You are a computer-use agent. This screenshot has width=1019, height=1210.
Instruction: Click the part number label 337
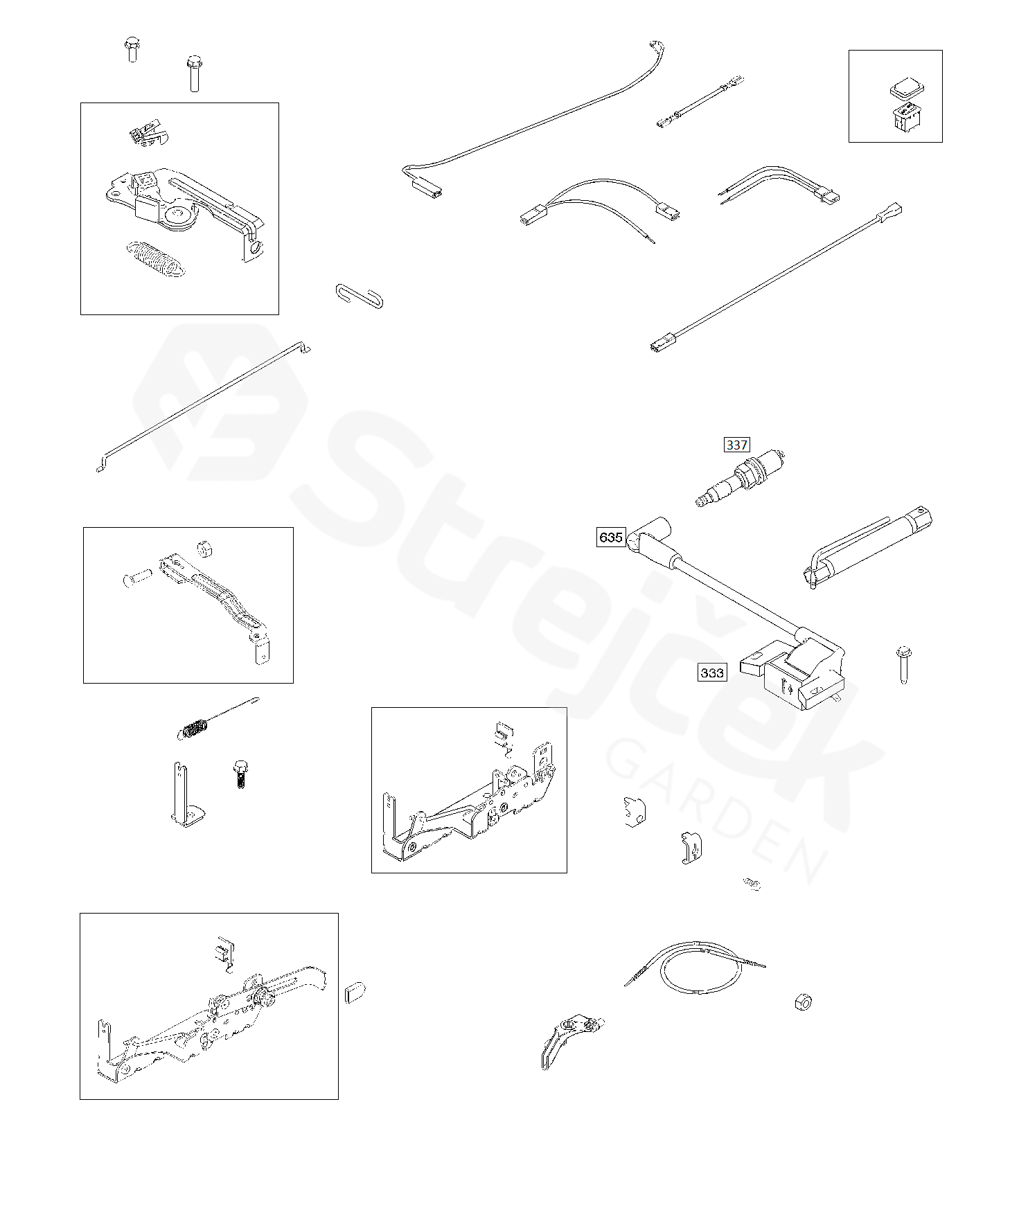[x=736, y=445]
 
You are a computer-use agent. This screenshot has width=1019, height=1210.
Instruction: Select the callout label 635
[x=611, y=537]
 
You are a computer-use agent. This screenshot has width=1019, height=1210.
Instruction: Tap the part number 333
[x=712, y=673]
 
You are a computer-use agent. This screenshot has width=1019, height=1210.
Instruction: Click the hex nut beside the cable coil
[x=802, y=1002]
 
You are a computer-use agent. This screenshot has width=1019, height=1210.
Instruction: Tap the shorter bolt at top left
[x=131, y=51]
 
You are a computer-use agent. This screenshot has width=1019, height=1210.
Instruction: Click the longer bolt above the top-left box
[x=194, y=74]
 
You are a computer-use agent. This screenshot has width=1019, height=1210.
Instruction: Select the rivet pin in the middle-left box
[x=137, y=577]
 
